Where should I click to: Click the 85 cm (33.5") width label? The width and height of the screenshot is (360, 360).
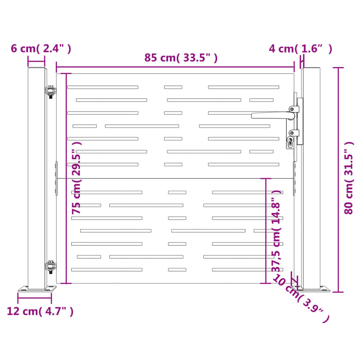point(181,58)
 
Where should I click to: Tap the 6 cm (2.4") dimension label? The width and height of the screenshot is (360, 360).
point(41,49)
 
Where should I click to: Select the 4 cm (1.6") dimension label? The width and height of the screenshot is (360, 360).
point(300,49)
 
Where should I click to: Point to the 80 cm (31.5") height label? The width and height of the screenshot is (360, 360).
point(348,178)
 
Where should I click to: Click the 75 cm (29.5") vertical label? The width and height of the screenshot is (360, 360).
point(76,178)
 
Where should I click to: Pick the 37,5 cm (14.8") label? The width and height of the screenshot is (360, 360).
point(276,231)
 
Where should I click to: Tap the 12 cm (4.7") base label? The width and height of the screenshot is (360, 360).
point(40,311)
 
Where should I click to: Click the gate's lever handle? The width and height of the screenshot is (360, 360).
point(273,115)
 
